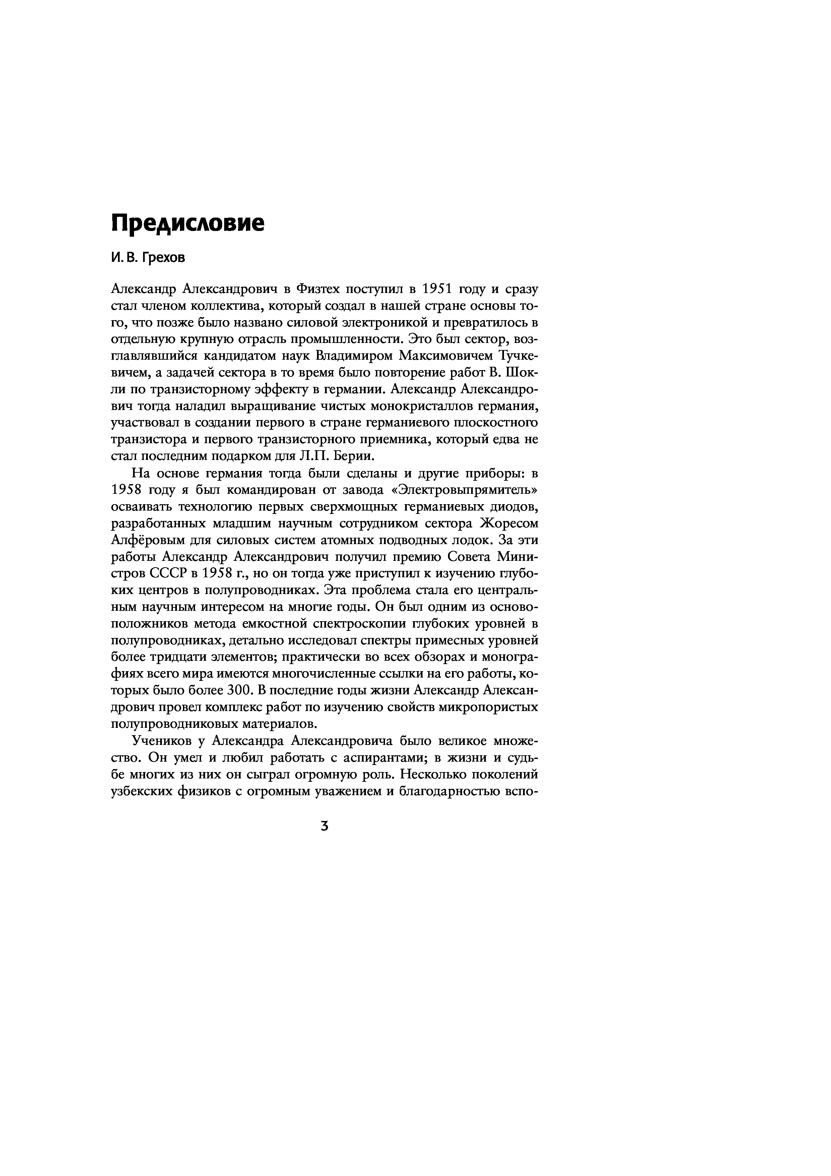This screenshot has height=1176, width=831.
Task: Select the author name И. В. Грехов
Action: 148,258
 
